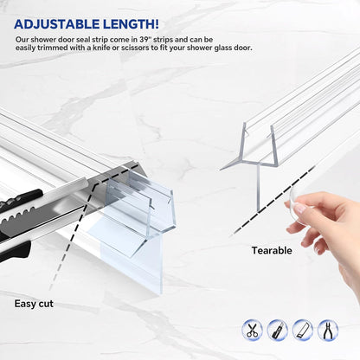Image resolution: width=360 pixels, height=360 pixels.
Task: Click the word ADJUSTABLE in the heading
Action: click(x=57, y=24)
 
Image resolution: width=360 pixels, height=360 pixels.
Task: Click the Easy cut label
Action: click(x=34, y=304)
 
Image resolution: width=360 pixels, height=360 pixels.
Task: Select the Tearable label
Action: click(x=272, y=250)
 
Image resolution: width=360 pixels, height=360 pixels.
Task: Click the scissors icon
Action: click(x=252, y=330)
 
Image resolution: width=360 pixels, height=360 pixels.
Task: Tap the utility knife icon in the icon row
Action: click(x=277, y=330)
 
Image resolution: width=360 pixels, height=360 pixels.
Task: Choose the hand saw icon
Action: click(x=302, y=330)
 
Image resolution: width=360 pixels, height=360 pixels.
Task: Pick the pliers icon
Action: click(x=327, y=330)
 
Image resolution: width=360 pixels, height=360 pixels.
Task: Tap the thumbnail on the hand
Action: click(x=301, y=209)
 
